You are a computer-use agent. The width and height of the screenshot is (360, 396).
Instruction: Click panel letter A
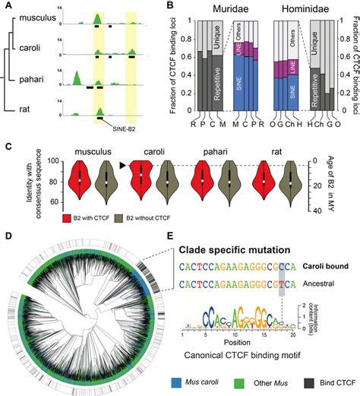pyautogui.click(x=8, y=5)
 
